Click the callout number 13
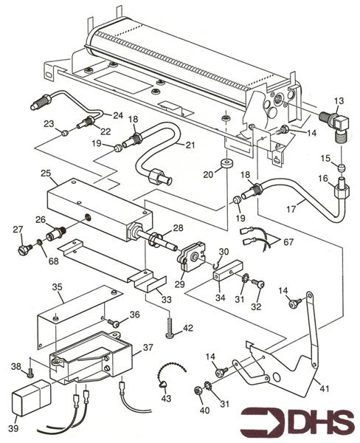point(339,100)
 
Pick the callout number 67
point(289,242)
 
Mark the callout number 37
point(148,347)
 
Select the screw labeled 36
point(112,322)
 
